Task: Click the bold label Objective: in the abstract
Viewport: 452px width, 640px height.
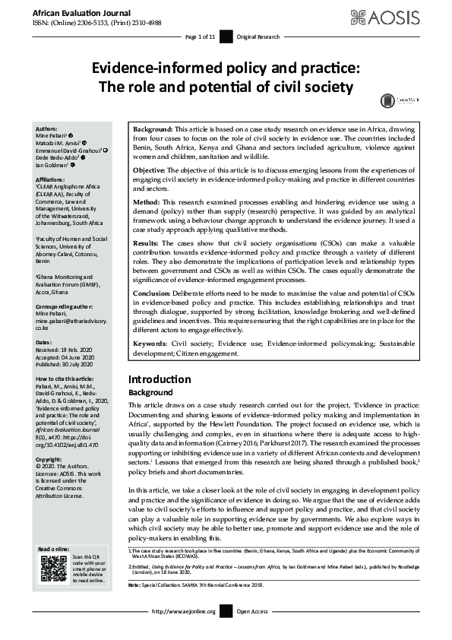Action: [x=150, y=170]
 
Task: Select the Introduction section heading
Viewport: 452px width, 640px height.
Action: [x=160, y=379]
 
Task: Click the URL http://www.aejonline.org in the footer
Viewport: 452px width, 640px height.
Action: [x=185, y=632]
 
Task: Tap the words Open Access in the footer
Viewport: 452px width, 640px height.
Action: [x=253, y=632]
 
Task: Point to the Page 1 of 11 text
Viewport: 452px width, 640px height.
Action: [x=201, y=36]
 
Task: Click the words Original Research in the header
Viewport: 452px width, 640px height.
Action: [x=258, y=36]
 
